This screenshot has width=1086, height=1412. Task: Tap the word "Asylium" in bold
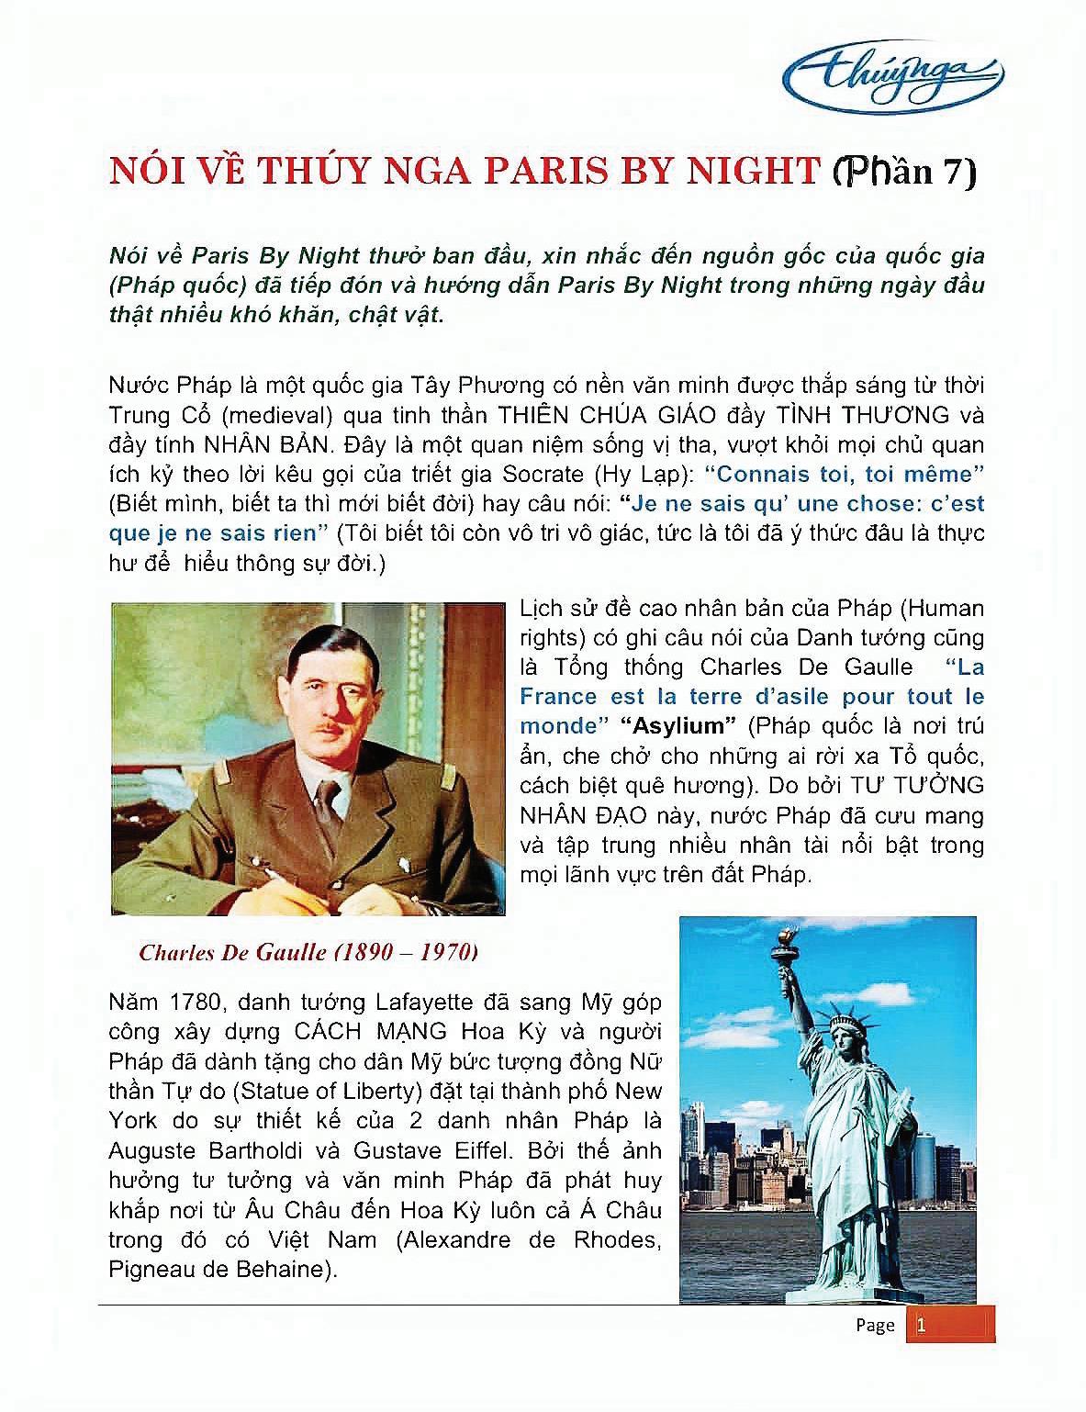point(678,726)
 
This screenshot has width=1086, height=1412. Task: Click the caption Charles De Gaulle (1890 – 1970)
point(308,952)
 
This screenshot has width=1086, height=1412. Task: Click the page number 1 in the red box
point(921,1325)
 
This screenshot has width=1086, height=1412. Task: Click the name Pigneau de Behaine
point(217,1270)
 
